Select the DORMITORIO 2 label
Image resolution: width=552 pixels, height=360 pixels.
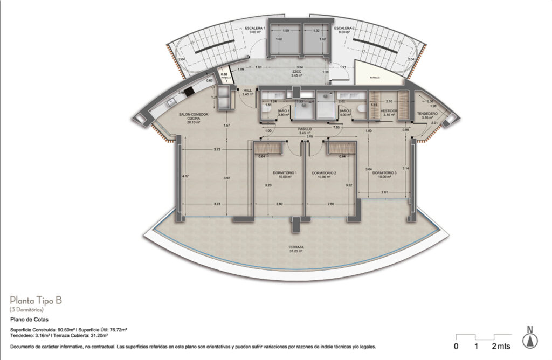(324, 173)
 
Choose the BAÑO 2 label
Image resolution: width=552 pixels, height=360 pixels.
(346, 110)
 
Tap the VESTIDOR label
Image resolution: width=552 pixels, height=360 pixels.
(389, 110)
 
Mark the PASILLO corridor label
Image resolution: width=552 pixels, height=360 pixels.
(306, 129)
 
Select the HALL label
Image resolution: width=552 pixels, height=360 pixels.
(248, 91)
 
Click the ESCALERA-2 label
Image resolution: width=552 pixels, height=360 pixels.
(343, 27)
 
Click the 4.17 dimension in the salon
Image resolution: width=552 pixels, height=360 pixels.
(185, 176)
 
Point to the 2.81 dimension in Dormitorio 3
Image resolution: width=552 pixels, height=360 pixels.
(385, 192)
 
